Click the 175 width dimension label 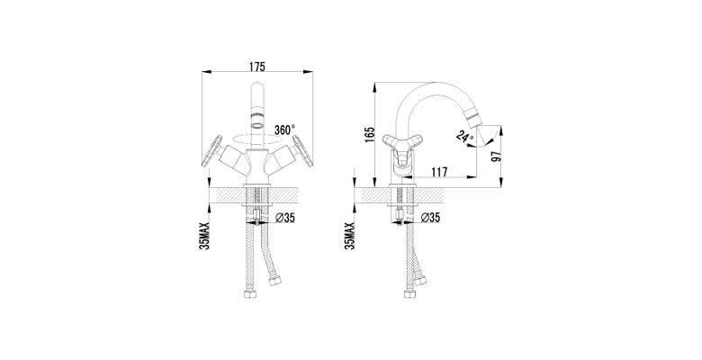coord(257,67)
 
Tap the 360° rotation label coord(284,130)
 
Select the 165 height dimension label coord(369,134)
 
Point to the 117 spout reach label coord(439,172)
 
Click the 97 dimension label coord(496,156)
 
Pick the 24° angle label coord(463,135)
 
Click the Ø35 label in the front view coord(285,218)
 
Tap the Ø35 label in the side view coord(431,218)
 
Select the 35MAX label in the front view coord(204,236)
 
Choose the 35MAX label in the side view coord(350,236)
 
